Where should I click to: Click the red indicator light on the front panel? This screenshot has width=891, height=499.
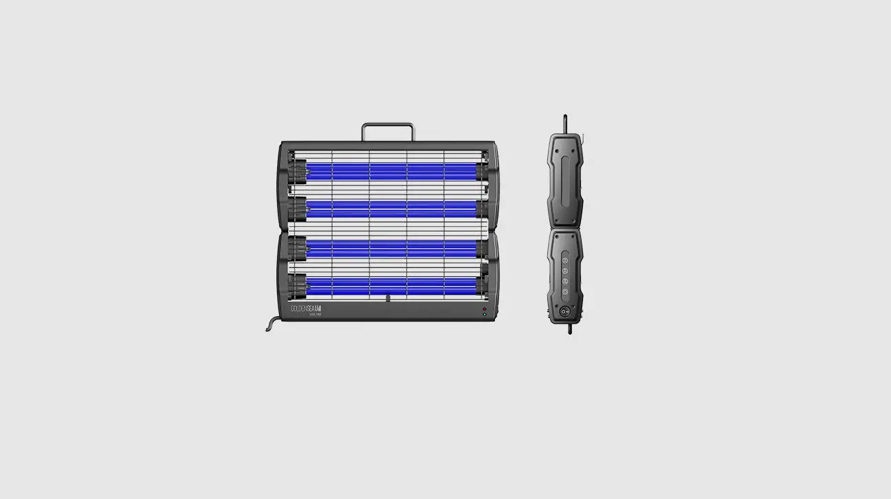point(484,310)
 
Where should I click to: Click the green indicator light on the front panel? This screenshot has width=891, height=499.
point(484,315)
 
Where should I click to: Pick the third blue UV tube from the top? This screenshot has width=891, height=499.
point(390,246)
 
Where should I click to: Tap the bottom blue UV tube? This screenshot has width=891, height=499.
point(390,284)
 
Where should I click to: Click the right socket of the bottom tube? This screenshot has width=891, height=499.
point(482,283)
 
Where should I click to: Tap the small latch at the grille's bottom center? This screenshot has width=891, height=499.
point(388,299)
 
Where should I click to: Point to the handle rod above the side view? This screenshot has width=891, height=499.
point(565,124)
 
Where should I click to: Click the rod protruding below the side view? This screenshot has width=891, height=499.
point(569,329)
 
